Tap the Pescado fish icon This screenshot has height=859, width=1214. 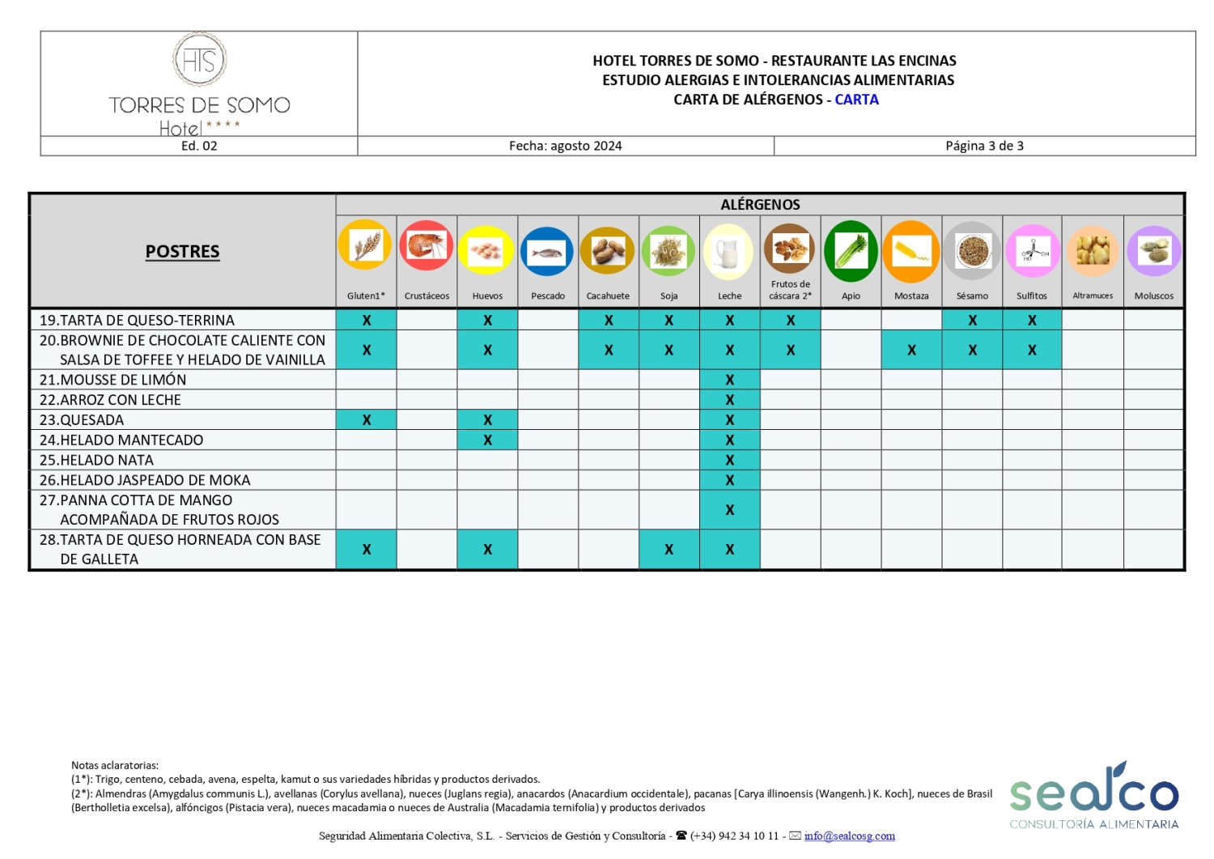pos(547,252)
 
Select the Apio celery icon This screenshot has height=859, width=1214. pos(851,251)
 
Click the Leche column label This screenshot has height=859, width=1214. pos(729,296)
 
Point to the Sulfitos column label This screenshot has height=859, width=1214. pos(1032,296)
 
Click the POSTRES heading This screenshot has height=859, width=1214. pos(182,252)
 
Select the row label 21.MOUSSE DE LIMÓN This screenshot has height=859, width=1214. pos(113,380)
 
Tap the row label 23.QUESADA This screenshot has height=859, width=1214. pos(82,420)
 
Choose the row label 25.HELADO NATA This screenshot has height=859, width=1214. pos(96,460)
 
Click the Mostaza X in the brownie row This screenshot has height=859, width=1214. pos(911,351)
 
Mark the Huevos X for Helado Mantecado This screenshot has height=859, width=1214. pos(487,440)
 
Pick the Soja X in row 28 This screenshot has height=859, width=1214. pos(669,550)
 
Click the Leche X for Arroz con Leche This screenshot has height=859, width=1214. pos(729,400)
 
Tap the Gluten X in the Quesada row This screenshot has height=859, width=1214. pos(367,420)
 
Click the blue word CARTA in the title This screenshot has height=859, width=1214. pos(856,100)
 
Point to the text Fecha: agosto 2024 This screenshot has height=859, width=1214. pos(565,146)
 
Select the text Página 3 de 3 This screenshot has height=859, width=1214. pos(984,146)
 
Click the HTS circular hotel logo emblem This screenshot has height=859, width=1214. pos(199,60)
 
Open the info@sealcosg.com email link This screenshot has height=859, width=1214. pos(849,836)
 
